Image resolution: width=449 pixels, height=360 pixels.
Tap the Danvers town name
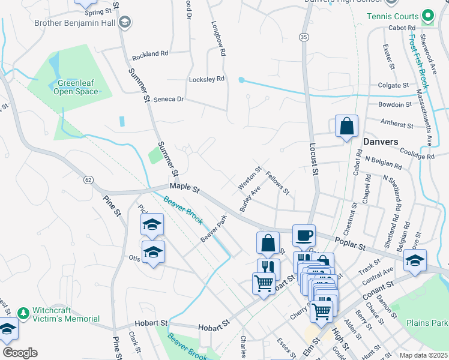click(x=381, y=142)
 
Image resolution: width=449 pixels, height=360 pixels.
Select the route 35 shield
click(x=305, y=37)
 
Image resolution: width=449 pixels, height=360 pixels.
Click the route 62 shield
click(x=88, y=179)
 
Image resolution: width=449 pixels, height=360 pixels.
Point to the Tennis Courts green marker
click(x=427, y=15)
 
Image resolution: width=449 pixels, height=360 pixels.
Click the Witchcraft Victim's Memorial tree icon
click(x=23, y=313)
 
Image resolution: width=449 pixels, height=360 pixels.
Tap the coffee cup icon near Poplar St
click(x=304, y=235)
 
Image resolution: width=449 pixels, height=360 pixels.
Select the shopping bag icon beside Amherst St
click(x=346, y=126)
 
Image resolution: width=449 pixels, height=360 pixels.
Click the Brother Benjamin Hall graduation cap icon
click(x=125, y=23)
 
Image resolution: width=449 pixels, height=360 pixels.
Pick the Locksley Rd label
click(x=206, y=79)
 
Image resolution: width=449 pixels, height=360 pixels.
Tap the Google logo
click(x=20, y=353)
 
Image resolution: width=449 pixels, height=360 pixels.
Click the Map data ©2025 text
click(x=423, y=355)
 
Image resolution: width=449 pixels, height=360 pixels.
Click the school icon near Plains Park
click(x=415, y=260)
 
